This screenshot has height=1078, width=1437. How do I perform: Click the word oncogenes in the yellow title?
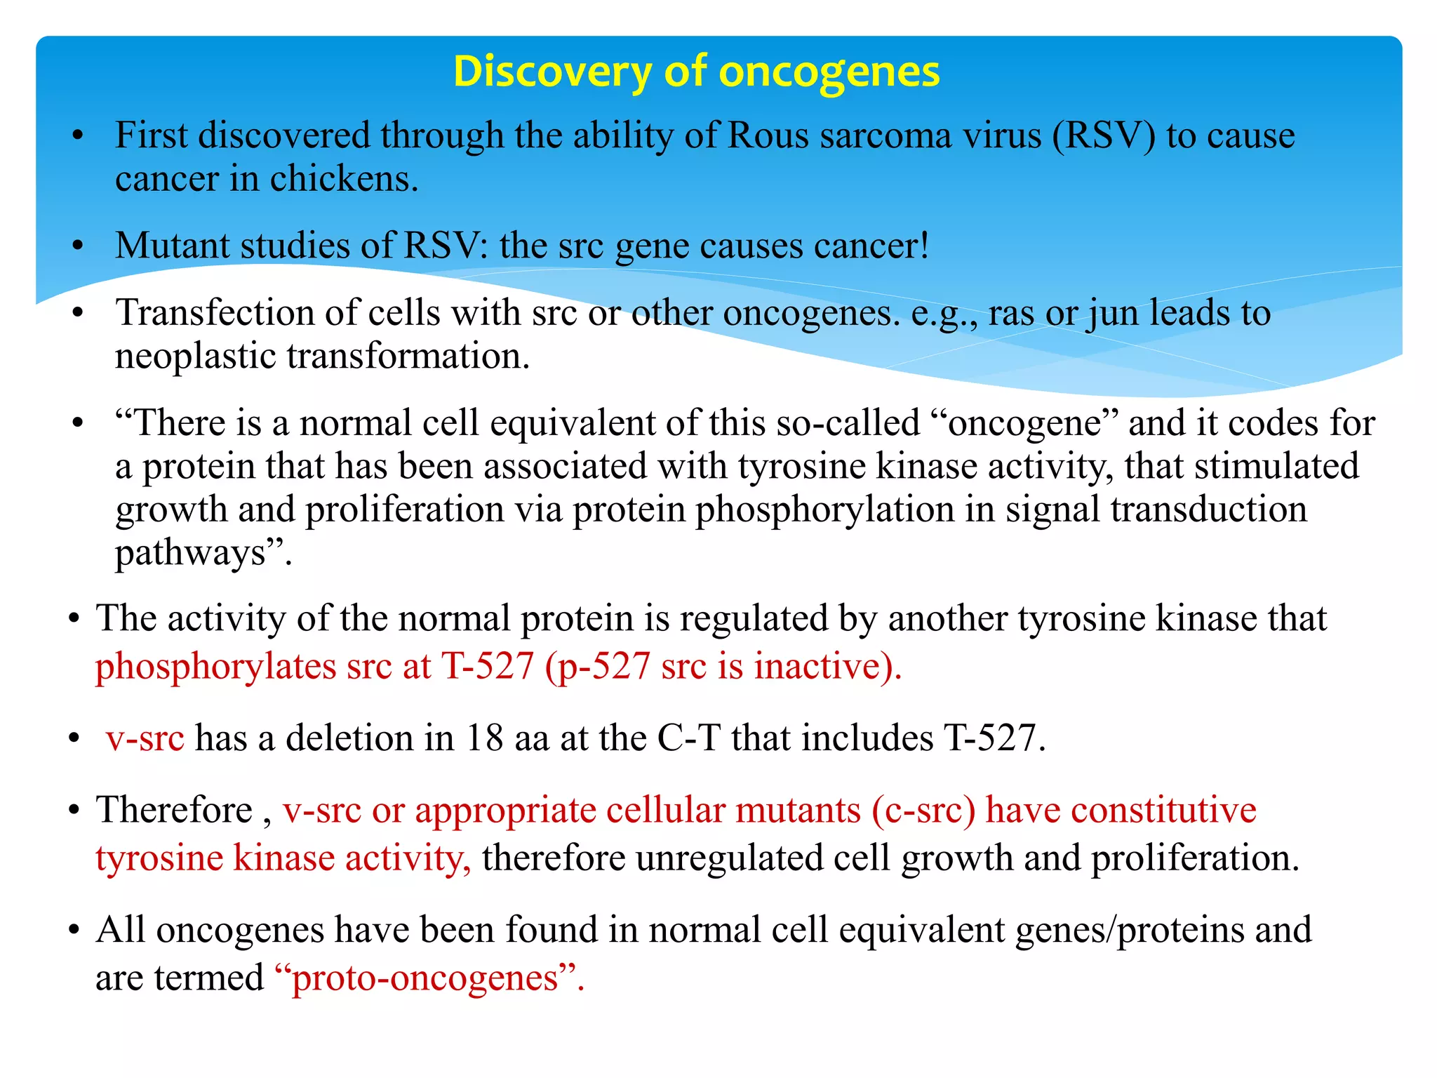(x=829, y=72)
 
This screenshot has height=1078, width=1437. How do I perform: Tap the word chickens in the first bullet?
(x=344, y=179)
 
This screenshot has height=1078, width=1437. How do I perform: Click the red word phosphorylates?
(x=215, y=666)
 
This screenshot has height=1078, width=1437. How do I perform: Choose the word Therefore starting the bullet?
(x=174, y=810)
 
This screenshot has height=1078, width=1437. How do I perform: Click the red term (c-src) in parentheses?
(x=923, y=810)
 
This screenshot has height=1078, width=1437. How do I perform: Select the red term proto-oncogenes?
(x=425, y=978)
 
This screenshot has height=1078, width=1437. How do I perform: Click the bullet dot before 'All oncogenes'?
(x=74, y=931)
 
